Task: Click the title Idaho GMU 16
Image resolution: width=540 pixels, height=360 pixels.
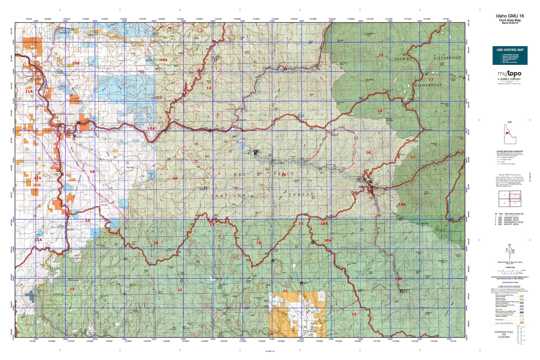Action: click(x=510, y=16)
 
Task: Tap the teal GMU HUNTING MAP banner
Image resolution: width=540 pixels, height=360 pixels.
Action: click(x=510, y=55)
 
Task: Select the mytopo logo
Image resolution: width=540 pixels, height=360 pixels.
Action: click(x=509, y=74)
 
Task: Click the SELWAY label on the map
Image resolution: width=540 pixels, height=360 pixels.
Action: click(x=402, y=58)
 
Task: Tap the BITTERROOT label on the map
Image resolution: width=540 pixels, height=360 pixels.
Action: click(x=447, y=58)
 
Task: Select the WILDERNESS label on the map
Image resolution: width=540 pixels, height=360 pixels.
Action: click(x=428, y=85)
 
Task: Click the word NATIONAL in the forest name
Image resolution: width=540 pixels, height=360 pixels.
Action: click(x=233, y=195)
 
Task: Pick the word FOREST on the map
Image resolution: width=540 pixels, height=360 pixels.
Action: click(x=301, y=194)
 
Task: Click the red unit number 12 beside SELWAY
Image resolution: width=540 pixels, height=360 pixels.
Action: click(x=381, y=55)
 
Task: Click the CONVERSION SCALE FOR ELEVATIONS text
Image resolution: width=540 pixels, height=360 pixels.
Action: click(x=504, y=334)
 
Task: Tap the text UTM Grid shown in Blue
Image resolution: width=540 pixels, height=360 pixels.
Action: click(x=509, y=283)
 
